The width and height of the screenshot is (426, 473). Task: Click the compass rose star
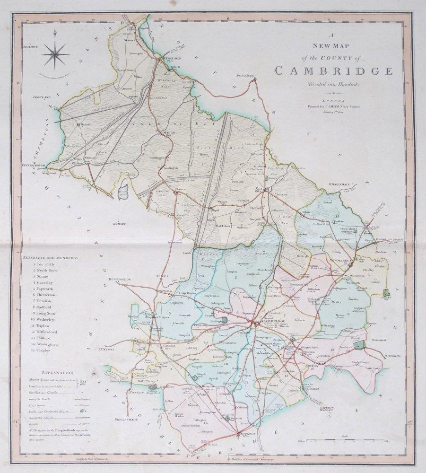click(55, 54)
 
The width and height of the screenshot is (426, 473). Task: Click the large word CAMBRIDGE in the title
click(333, 72)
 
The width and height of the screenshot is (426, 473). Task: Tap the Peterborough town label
click(32, 166)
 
